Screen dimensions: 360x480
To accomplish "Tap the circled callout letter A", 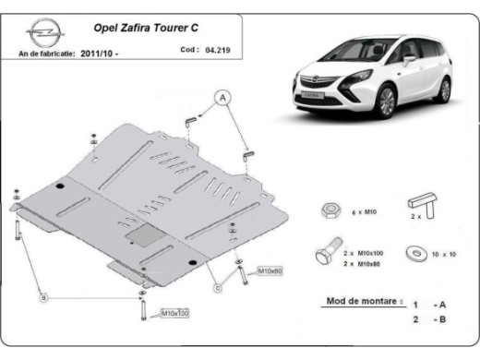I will coord(222,97).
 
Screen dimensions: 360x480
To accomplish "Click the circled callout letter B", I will coord(42,297).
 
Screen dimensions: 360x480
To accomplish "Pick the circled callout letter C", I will coord(217,288).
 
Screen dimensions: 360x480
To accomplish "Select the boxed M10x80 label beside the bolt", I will coord(269,270).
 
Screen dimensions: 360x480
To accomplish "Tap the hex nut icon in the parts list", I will coord(328,210).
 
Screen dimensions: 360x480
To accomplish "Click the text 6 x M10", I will coord(362,211).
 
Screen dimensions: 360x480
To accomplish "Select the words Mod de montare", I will coord(364,301).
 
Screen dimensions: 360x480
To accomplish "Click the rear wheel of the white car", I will coord(444,90).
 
